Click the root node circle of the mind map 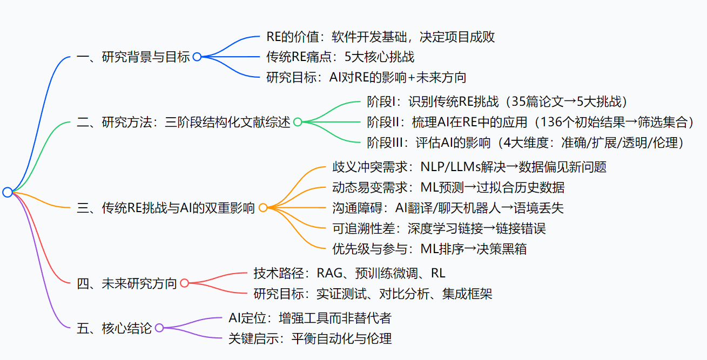tap(7, 192)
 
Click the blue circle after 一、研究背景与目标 tap(197, 57)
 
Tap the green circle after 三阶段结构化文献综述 tap(297, 122)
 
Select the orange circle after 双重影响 tap(263, 208)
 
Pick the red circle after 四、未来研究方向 tap(184, 283)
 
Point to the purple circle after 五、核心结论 tap(159, 328)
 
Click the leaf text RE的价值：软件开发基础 tap(380, 37)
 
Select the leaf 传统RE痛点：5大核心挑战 tap(340, 57)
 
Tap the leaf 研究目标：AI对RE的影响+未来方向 tap(366, 77)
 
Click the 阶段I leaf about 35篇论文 tap(496, 102)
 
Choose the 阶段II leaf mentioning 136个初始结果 tap(530, 122)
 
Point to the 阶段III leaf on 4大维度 tap(525, 142)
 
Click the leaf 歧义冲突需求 tap(469, 167)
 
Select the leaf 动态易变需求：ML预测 tap(448, 187)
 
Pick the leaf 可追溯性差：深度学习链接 tap(439, 228)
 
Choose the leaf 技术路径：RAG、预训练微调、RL tap(349, 273)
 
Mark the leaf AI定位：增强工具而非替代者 tap(310, 318)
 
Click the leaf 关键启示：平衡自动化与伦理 tap(310, 338)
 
